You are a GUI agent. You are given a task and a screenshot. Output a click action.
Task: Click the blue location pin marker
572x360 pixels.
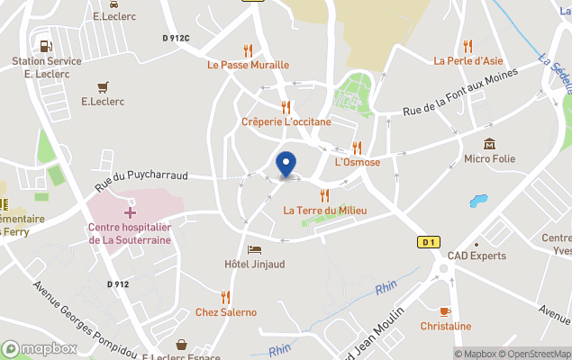point(286,165)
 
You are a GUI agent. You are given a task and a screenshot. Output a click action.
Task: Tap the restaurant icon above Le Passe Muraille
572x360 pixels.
point(248,50)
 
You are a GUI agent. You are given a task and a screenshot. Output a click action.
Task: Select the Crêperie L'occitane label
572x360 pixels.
point(286,121)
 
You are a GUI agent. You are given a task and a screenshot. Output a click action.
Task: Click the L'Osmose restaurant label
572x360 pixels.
point(357,162)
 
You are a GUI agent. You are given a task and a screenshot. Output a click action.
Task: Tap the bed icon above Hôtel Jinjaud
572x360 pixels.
point(255,249)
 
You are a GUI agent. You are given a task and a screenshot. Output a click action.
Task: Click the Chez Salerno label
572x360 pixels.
point(225,312)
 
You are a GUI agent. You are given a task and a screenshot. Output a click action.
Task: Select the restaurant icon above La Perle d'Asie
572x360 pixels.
point(467,47)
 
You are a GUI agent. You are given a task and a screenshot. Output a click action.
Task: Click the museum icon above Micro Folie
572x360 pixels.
point(489,144)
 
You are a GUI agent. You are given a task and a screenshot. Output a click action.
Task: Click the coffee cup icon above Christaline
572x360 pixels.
point(445,311)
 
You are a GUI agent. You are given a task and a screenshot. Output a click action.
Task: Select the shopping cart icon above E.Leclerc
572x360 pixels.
point(102,86)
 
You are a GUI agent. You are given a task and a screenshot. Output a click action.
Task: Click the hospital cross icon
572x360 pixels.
point(130,212)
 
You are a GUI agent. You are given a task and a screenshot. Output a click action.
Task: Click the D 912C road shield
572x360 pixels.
point(177,38)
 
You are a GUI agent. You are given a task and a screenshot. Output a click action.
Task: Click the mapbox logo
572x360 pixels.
point(40,348)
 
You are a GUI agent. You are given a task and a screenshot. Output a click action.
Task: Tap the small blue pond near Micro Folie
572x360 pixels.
point(478,201)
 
